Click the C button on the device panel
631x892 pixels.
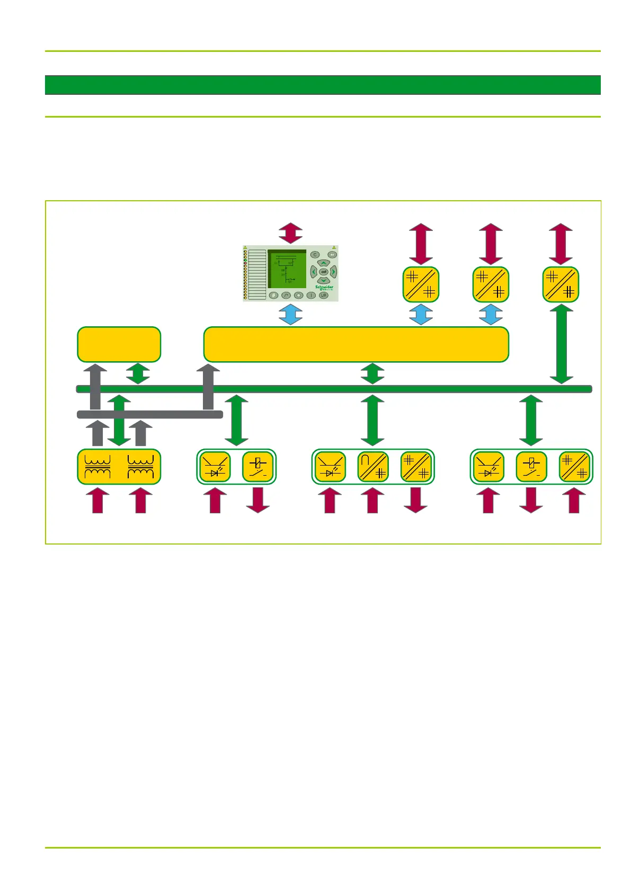(315, 255)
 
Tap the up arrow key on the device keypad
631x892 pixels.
(323, 263)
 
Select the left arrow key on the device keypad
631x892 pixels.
(314, 272)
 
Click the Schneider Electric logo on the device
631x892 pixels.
(324, 288)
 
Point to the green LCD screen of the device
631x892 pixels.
(287, 269)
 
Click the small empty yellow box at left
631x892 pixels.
(119, 344)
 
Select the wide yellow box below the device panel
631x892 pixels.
(356, 344)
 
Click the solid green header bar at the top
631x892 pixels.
(323, 85)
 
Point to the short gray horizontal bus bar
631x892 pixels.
(150, 414)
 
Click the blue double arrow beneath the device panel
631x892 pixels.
(291, 314)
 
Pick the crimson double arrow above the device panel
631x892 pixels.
(291, 233)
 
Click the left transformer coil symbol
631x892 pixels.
(97, 467)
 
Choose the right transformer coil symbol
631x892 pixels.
(141, 467)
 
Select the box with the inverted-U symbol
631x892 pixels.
(373, 467)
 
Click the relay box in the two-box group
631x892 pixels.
(258, 467)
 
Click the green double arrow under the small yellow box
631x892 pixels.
(138, 373)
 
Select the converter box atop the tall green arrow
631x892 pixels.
(561, 284)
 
